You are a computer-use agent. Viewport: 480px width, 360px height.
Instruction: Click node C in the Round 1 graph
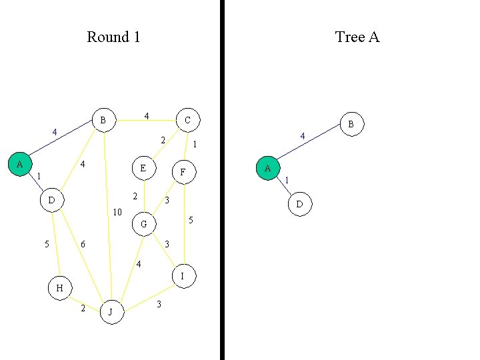click(187, 120)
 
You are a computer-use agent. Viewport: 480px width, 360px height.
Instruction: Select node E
click(143, 168)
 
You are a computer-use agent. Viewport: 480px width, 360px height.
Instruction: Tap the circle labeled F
click(183, 173)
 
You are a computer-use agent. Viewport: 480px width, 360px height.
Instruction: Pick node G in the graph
click(143, 225)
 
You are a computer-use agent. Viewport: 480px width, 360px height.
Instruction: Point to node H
click(59, 288)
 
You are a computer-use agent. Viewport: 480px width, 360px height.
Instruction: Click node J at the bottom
click(112, 311)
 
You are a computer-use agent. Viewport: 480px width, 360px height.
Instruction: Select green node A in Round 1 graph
click(19, 163)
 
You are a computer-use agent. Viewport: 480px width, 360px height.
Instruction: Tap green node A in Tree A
click(267, 168)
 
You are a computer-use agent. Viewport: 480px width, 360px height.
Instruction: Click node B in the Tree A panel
click(351, 123)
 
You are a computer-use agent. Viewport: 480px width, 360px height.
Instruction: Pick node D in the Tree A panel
click(299, 205)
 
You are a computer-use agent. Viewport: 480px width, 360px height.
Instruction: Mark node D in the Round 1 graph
click(51, 199)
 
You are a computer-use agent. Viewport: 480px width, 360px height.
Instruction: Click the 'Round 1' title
click(113, 37)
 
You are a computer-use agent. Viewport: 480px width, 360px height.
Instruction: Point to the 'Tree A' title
click(357, 37)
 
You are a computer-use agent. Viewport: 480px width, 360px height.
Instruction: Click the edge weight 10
click(117, 213)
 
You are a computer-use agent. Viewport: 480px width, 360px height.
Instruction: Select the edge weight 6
click(83, 245)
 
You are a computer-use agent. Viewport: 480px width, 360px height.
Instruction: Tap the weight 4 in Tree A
click(302, 137)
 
